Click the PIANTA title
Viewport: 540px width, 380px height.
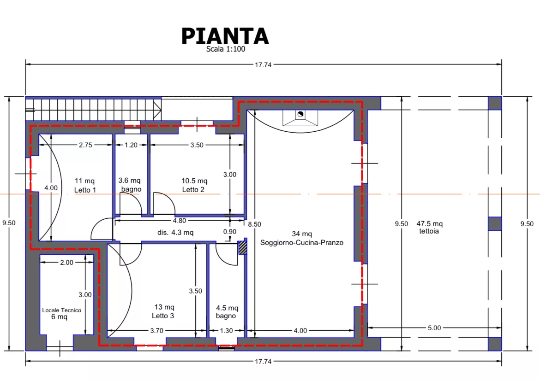coord(225,36)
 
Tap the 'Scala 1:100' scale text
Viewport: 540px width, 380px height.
coord(226,49)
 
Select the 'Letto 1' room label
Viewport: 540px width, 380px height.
coord(85,190)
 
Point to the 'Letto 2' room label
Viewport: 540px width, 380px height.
coord(193,190)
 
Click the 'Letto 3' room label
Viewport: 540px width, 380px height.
coord(163,316)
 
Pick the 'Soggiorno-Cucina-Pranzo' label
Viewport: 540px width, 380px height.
coord(302,243)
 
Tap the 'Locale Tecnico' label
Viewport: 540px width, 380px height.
coord(62,310)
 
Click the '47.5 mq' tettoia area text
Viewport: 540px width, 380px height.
coord(429,224)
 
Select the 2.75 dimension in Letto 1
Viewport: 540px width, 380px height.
coord(85,145)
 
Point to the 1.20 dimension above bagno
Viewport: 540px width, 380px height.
coord(131,145)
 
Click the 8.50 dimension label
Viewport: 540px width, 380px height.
coord(254,224)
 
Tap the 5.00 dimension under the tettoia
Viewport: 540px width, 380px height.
coord(434,328)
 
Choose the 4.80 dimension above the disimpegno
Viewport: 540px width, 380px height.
coord(180,221)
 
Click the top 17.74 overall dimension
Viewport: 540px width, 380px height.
coord(263,64)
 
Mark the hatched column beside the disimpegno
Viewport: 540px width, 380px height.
coord(242,248)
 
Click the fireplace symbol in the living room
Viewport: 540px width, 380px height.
coord(300,118)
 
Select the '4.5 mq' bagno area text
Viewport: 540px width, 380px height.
coord(227,308)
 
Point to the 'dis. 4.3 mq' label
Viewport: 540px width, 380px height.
coord(175,233)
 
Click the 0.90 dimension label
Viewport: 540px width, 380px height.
coord(230,232)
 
